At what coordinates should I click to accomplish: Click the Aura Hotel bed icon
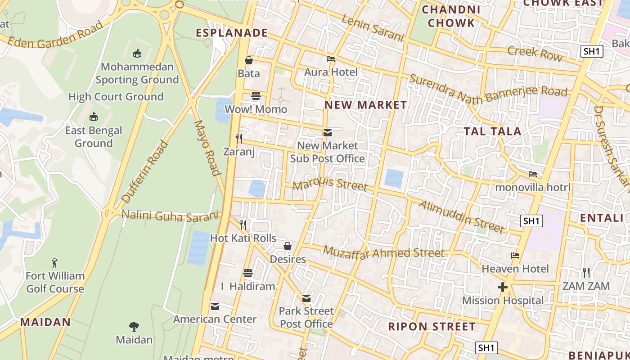coord(331,59)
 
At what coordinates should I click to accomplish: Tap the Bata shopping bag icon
coord(249,60)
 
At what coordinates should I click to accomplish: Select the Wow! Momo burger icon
coord(256,96)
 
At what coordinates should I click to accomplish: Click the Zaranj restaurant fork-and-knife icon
coord(239,138)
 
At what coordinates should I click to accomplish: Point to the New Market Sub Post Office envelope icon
coord(328,133)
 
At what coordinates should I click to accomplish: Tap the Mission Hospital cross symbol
coord(503,287)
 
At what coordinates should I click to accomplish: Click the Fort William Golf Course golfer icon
coord(55,262)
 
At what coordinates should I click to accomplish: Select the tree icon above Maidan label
coord(134,326)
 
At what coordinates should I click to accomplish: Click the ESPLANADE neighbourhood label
coord(232,33)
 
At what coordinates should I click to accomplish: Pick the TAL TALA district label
coord(493,131)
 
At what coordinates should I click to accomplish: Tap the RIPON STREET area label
coord(432,327)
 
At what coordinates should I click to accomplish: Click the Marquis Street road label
coord(330,184)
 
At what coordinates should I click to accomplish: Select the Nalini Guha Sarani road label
coord(170,216)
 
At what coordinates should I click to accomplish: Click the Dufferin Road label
coord(145,172)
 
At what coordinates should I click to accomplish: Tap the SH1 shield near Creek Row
coord(592,51)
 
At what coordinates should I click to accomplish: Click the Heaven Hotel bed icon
coord(515,256)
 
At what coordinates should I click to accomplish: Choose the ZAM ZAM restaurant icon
coord(586,273)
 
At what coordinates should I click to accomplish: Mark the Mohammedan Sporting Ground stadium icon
coord(137,54)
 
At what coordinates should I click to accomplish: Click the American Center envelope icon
coord(215,306)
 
